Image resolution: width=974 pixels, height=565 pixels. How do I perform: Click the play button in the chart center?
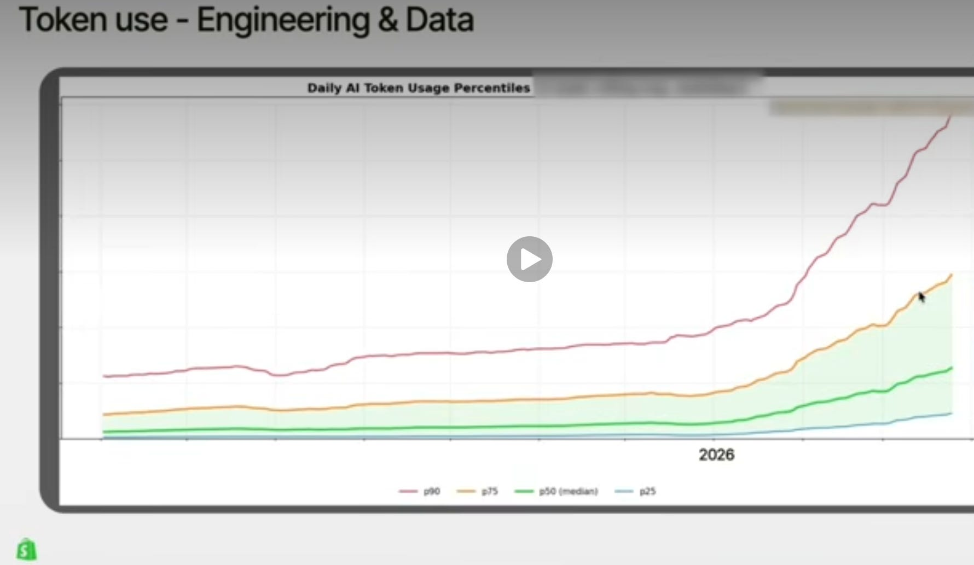(529, 259)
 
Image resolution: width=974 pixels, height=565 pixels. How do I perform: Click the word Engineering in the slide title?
(282, 20)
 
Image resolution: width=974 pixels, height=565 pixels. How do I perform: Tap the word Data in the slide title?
(439, 20)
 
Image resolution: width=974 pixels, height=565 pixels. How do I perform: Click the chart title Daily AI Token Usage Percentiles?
(419, 88)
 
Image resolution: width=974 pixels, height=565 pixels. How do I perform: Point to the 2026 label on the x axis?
(716, 455)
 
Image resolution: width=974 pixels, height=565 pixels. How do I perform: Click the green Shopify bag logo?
(26, 549)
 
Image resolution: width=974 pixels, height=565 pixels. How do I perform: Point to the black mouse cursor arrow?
(921, 296)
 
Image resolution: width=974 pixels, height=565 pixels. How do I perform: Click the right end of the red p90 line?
(951, 117)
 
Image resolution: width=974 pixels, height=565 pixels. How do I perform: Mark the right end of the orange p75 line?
(952, 275)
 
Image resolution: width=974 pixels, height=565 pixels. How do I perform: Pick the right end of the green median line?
(952, 368)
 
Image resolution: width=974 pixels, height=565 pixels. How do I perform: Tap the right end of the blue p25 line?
(952, 413)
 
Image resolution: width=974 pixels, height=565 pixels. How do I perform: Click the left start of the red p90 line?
(104, 376)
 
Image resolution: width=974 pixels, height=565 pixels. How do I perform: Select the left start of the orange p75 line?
(104, 415)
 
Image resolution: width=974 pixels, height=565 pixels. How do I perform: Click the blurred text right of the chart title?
(646, 86)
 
